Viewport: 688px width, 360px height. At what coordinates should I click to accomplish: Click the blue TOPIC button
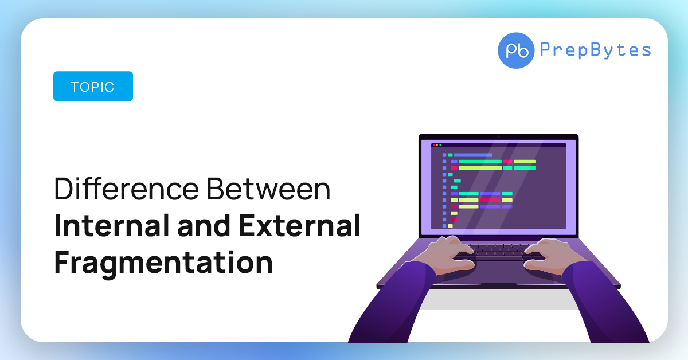tap(93, 87)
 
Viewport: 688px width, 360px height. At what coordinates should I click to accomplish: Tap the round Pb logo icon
tap(516, 50)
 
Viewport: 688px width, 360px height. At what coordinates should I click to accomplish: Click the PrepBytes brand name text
tap(595, 50)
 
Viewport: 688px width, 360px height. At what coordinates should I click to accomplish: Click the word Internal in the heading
tap(112, 225)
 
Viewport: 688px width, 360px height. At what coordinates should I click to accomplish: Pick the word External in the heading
tap(299, 225)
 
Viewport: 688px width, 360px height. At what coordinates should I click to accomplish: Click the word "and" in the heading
tap(204, 225)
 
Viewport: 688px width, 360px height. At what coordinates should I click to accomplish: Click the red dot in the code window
tap(433, 145)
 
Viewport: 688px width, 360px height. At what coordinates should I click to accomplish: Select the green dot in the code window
tap(440, 145)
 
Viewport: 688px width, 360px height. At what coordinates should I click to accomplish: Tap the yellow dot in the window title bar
tap(437, 145)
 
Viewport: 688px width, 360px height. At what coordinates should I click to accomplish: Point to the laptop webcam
tap(498, 137)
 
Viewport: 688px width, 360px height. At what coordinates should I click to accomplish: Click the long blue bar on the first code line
tap(473, 155)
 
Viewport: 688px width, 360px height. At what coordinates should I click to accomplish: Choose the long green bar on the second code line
tap(480, 162)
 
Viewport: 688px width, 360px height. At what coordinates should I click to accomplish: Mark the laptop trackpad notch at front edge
tap(498, 284)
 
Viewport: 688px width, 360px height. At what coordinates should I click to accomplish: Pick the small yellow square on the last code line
tap(450, 226)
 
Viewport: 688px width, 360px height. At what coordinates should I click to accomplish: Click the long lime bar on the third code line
tap(480, 168)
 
